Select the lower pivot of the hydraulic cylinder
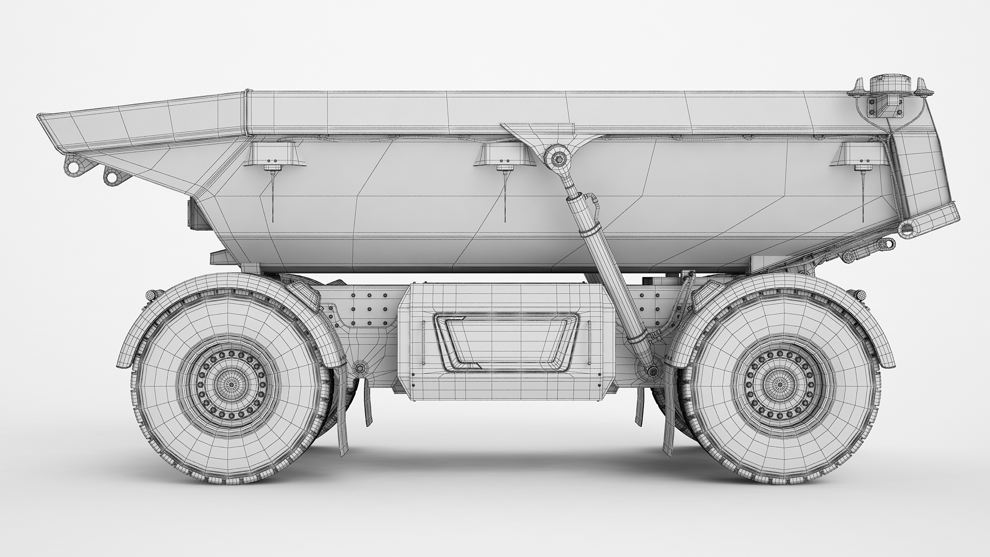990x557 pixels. coord(653,370)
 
